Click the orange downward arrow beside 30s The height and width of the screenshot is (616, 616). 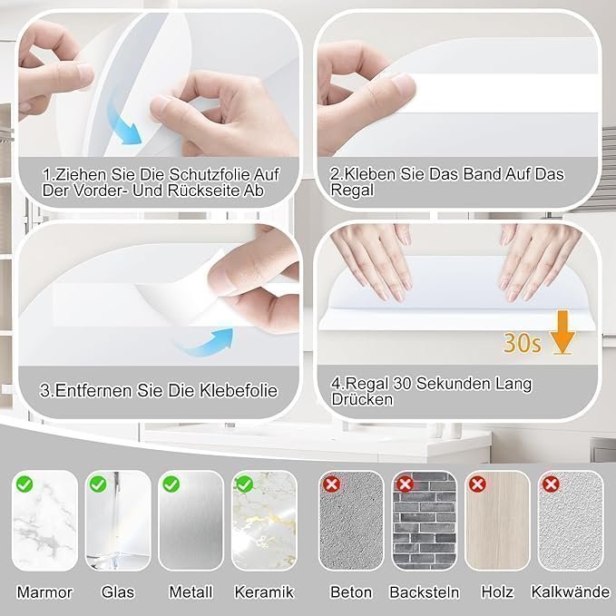tap(562, 332)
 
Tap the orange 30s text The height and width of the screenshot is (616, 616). tap(523, 343)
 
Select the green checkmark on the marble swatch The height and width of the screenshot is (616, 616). tap(24, 484)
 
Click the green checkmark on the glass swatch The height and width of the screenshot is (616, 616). tap(98, 484)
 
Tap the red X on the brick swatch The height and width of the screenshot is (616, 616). tap(405, 484)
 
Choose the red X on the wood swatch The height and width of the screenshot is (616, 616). tap(477, 484)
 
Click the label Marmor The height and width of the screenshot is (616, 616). tap(44, 592)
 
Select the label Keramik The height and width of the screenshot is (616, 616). tap(264, 592)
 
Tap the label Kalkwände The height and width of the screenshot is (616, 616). tap(571, 592)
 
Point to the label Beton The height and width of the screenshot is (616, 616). tap(351, 592)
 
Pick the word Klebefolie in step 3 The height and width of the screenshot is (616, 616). tap(239, 390)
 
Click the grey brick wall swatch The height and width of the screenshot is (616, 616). tap(425, 521)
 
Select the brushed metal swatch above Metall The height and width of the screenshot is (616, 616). tap(191, 521)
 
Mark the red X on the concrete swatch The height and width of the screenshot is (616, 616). tap(331, 484)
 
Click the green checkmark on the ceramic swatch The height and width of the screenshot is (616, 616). tap(244, 484)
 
